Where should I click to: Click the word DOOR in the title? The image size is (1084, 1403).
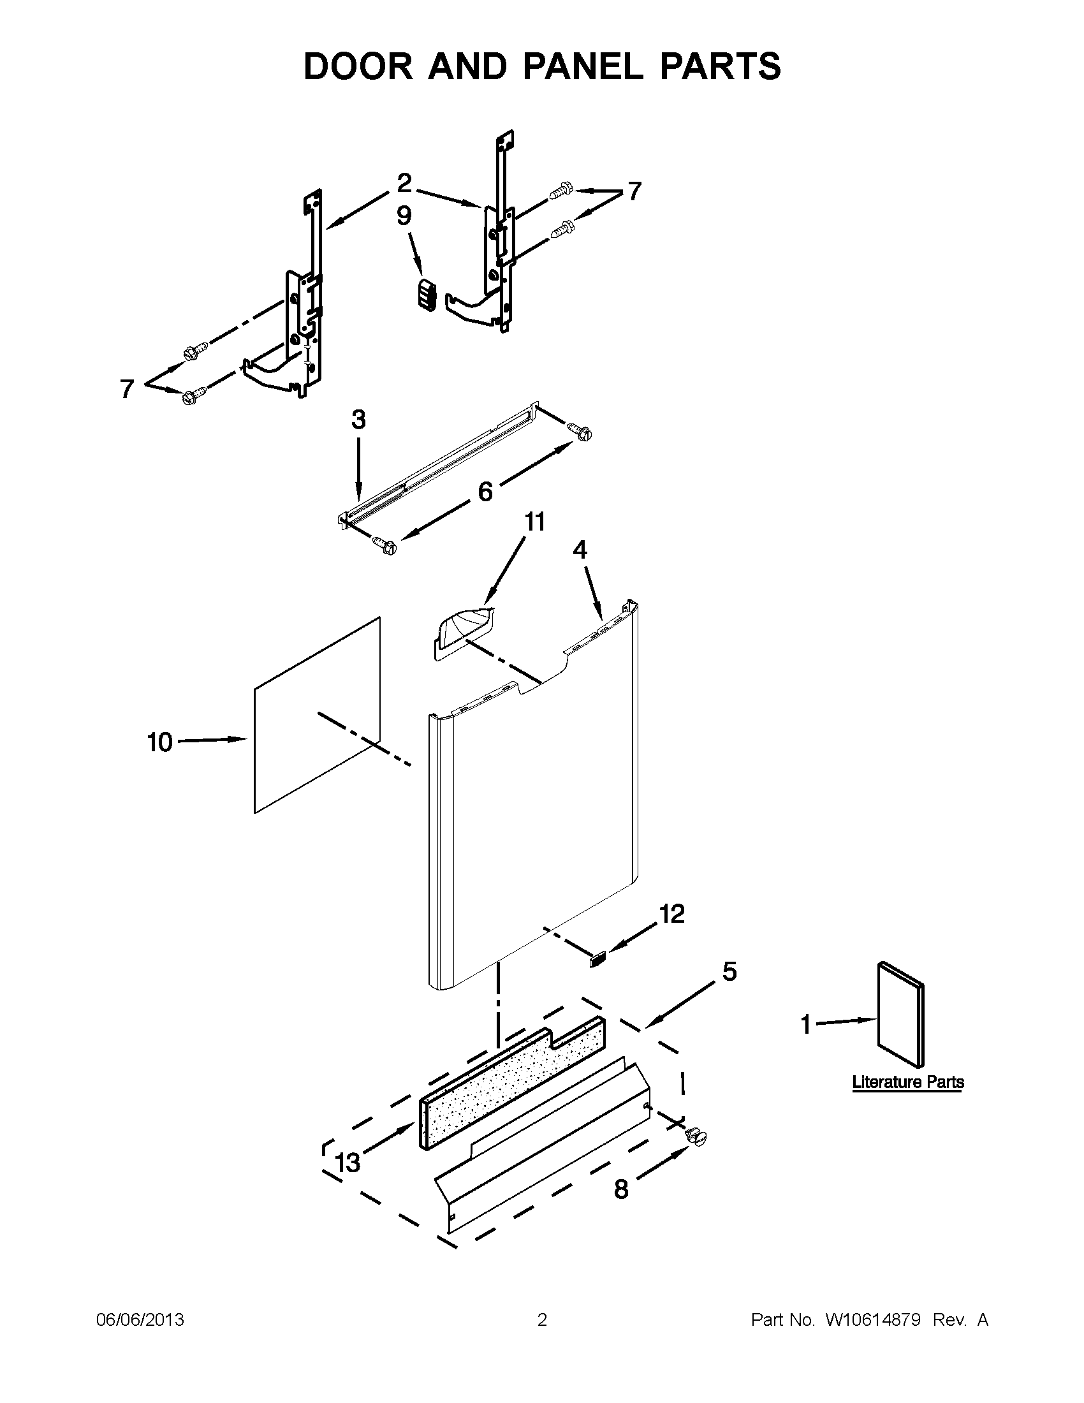click(x=358, y=66)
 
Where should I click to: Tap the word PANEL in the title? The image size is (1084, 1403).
click(x=583, y=66)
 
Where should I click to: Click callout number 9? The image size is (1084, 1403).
click(x=404, y=216)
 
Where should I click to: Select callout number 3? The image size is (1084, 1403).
click(x=358, y=420)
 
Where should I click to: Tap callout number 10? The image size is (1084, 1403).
click(x=160, y=742)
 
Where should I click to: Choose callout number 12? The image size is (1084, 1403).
click(x=672, y=913)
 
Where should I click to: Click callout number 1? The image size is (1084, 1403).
click(x=807, y=1025)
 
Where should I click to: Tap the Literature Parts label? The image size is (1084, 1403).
click(x=908, y=1082)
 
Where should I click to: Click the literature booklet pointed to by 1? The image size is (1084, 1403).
click(x=900, y=1022)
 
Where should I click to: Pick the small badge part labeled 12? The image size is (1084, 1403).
click(x=597, y=961)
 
